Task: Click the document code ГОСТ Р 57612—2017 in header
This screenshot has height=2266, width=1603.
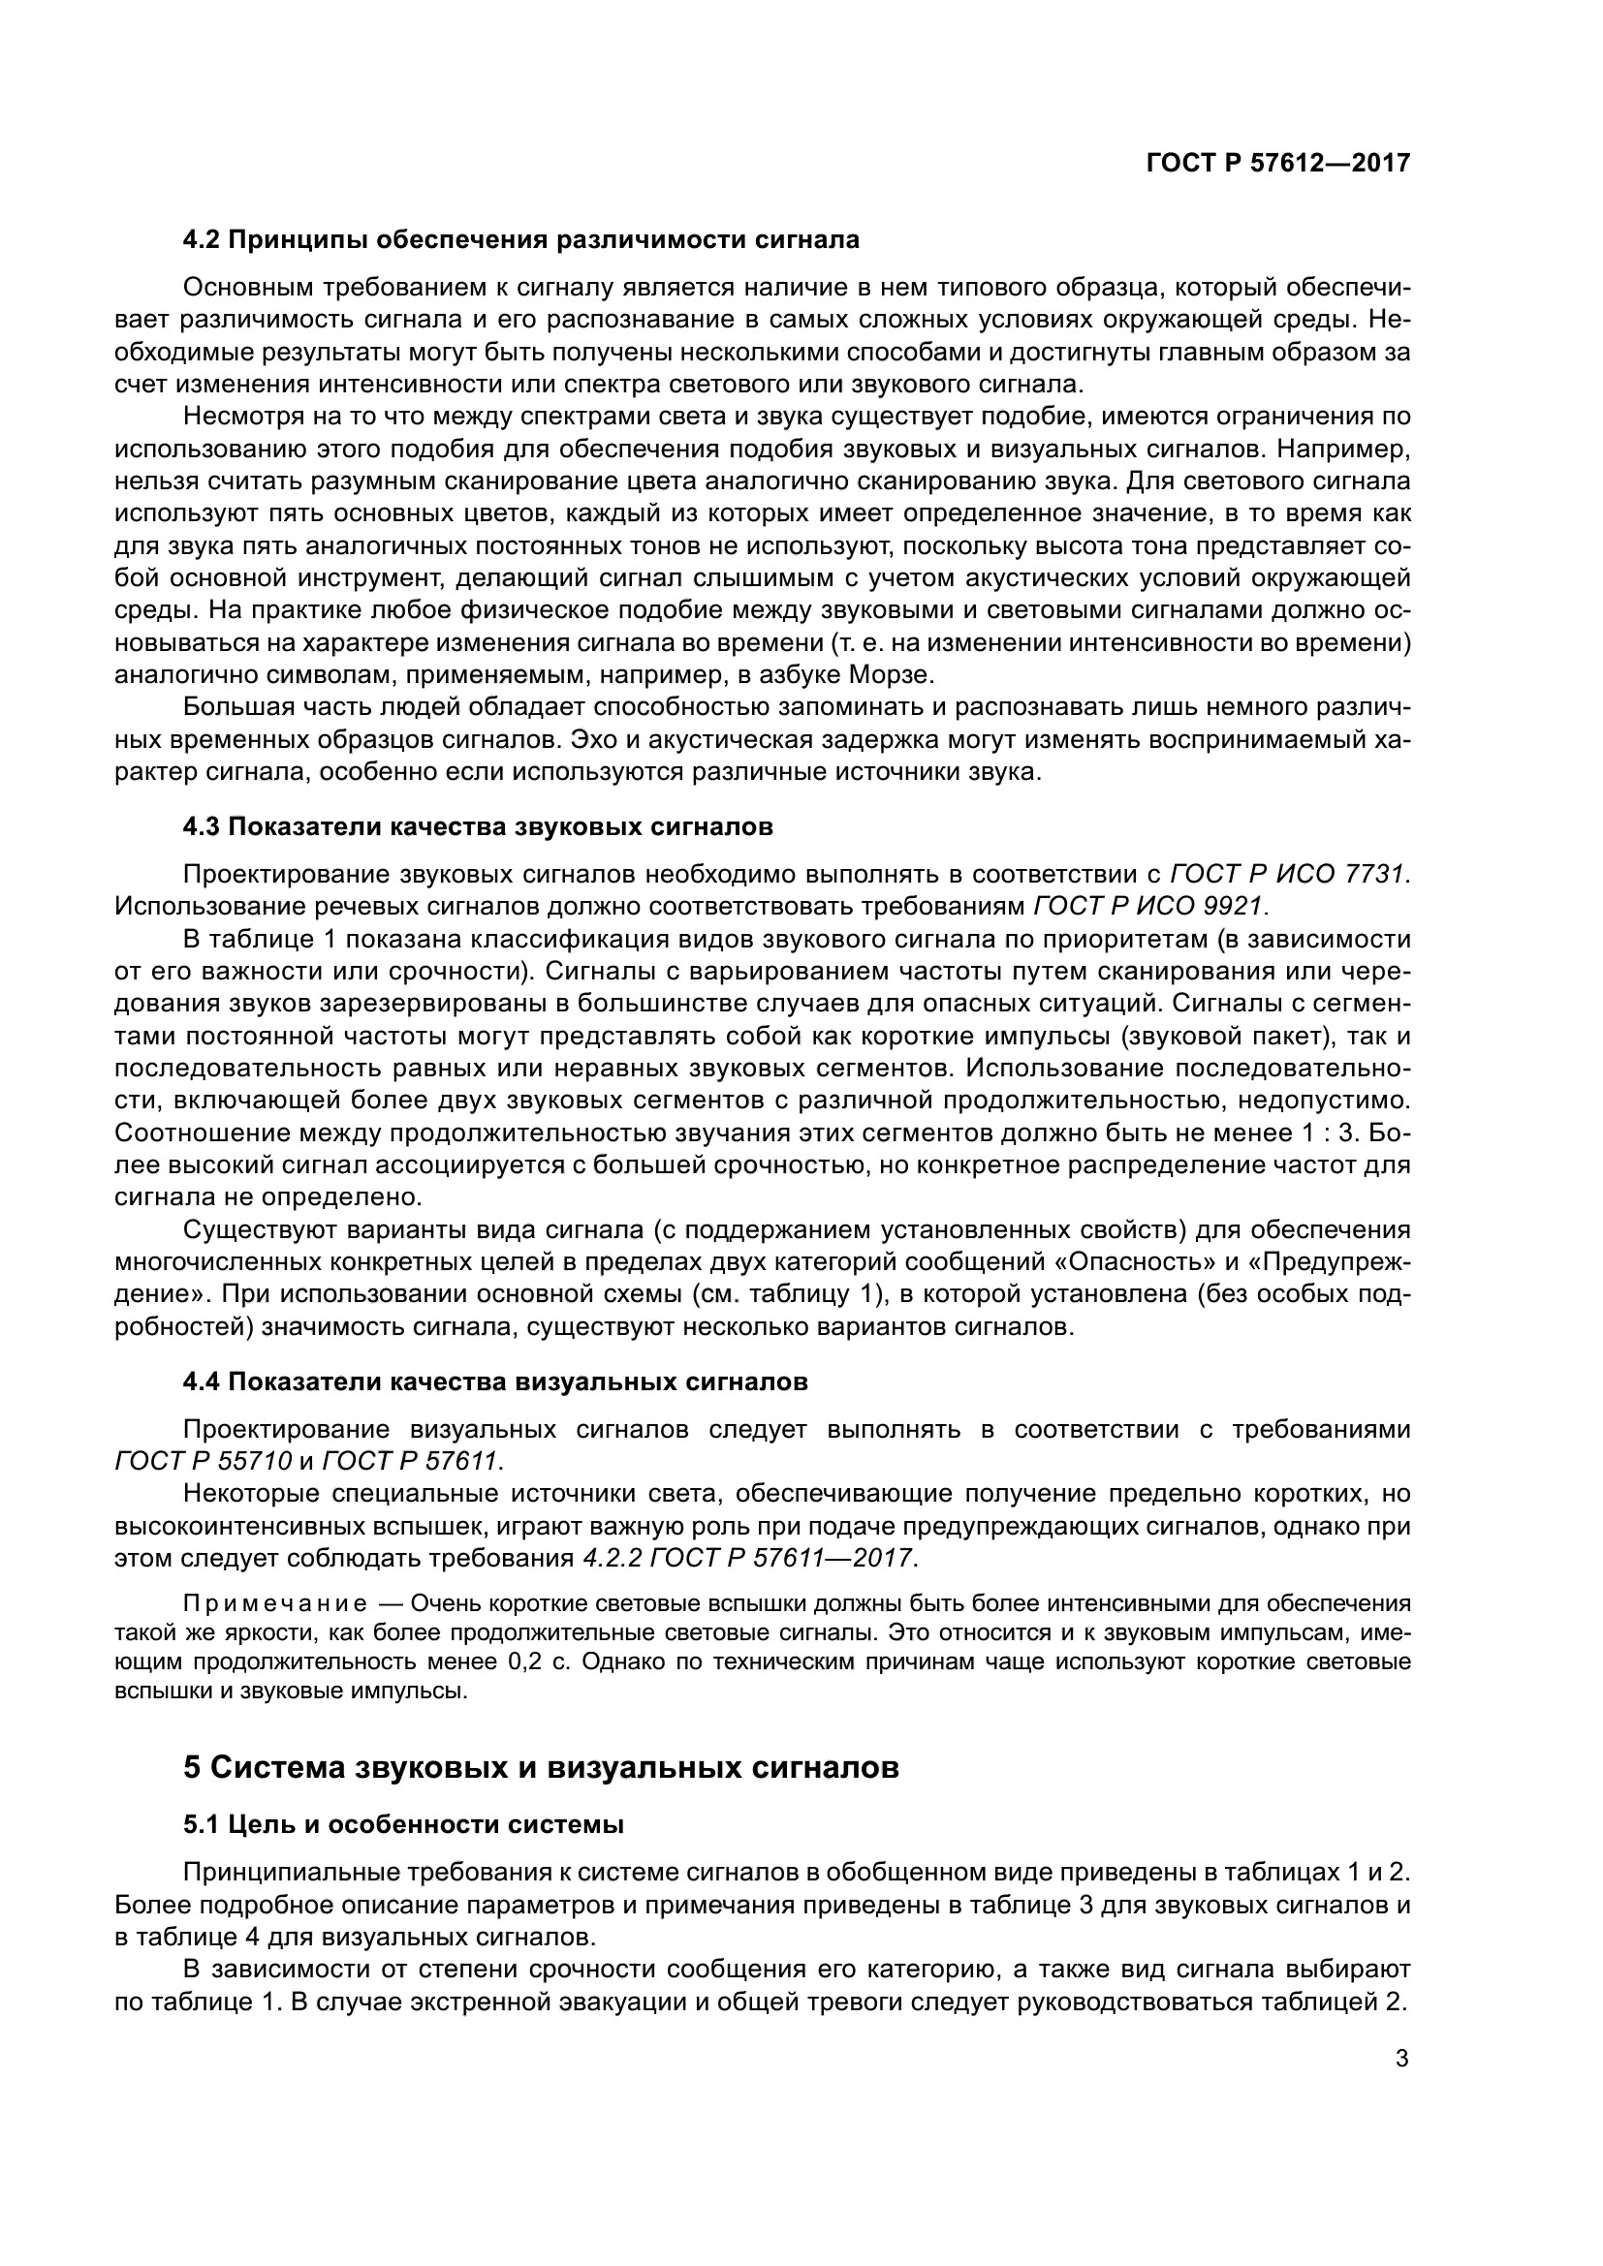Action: click(1278, 164)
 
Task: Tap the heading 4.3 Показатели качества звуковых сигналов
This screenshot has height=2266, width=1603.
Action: click(478, 827)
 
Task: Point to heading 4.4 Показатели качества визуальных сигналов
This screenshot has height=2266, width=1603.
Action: click(495, 1381)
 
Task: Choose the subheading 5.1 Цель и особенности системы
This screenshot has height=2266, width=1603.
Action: click(404, 1825)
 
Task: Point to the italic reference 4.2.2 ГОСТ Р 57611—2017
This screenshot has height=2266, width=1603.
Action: click(744, 1559)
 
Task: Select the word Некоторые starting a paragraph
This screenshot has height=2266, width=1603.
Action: click(253, 1494)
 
